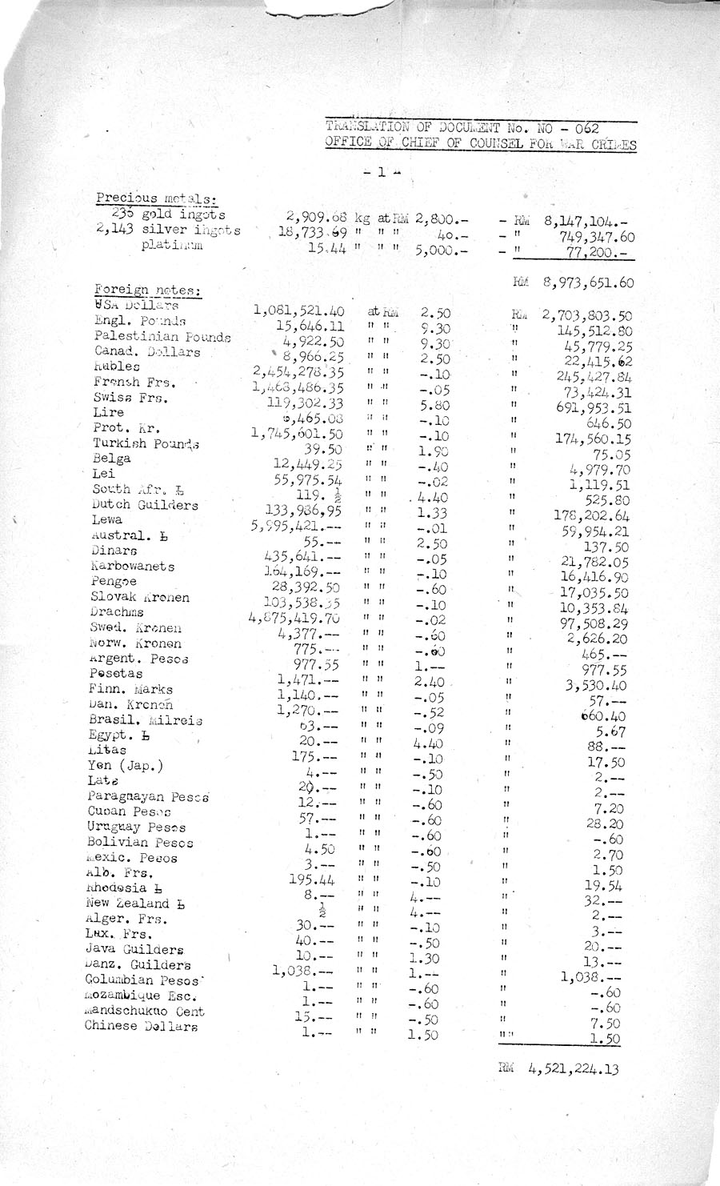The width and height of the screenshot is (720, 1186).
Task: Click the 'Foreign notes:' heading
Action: pos(148,290)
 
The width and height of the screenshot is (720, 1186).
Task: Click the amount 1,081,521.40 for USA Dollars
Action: pos(300,310)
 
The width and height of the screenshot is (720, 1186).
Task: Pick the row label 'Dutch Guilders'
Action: pos(145,505)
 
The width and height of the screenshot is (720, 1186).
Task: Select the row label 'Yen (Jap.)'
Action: pos(127,766)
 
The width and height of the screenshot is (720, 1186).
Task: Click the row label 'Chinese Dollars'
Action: pos(140,1026)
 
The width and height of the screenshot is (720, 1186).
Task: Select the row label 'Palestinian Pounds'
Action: pos(162,337)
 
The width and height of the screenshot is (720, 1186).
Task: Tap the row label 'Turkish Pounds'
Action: pos(146,443)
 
